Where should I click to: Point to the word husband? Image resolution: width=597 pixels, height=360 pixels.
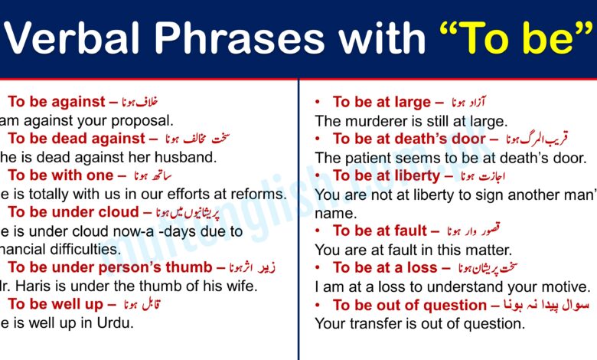(x=184, y=157)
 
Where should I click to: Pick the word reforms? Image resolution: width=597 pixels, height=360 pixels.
(x=257, y=194)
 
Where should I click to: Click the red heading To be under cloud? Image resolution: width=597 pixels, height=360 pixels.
(x=74, y=212)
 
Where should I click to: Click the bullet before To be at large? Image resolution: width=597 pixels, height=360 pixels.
(x=318, y=102)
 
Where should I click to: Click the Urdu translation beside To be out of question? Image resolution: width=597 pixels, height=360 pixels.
(x=545, y=304)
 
